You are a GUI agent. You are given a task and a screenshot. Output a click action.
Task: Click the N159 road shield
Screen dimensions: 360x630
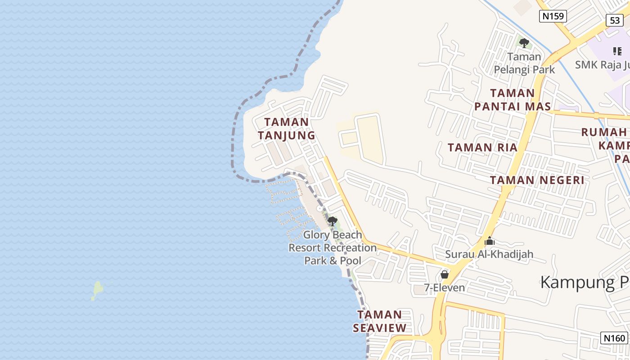553,16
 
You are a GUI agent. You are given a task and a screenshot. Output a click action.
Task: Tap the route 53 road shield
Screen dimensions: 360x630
615,20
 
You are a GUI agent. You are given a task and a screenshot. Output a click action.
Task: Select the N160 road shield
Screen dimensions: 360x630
614,338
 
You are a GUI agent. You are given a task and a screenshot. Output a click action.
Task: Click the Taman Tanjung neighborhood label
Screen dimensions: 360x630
286,129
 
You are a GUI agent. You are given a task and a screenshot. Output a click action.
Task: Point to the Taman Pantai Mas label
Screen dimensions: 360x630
513,100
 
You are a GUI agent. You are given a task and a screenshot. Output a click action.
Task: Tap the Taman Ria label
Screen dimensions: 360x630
482,148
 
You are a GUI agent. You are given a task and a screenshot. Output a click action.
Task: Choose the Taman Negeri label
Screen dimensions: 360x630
537,180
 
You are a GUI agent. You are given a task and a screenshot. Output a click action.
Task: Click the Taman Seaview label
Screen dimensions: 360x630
380,321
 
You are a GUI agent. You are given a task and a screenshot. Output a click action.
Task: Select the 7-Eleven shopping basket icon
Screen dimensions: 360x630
445,274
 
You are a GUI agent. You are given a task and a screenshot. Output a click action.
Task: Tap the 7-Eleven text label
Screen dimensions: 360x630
445,288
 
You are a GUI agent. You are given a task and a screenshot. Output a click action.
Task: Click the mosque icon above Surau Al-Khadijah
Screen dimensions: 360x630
489,241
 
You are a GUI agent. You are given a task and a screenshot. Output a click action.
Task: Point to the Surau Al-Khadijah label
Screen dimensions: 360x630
489,254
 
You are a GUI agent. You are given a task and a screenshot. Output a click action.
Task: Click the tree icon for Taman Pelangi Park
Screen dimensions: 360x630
524,43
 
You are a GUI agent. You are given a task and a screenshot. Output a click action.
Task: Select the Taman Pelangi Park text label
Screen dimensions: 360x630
524,63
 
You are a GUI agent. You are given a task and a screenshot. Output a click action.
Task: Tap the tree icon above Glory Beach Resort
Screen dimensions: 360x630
333,221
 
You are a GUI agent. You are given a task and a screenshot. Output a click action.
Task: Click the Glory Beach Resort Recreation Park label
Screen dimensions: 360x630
333,247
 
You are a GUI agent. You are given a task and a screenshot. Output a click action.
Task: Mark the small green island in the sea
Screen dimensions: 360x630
97,289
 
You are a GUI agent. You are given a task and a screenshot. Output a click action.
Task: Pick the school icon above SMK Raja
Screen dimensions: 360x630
617,51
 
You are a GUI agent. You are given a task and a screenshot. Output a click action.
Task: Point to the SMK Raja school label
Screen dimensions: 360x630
602,65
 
